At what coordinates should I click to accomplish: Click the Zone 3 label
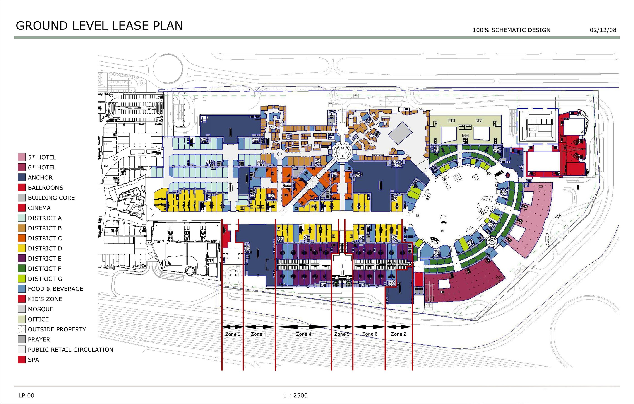tap(233, 334)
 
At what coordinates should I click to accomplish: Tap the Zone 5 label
tap(342, 334)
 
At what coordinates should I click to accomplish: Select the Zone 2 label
tap(398, 334)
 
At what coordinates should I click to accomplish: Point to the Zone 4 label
tap(304, 334)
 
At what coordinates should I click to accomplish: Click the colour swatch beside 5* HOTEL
tap(22, 157)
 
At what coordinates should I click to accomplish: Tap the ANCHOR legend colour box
tap(22, 177)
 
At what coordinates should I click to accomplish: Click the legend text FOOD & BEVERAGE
tap(55, 289)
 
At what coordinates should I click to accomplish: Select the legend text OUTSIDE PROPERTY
tap(57, 329)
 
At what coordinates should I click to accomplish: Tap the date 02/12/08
tap(603, 30)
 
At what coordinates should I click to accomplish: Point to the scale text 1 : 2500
tap(295, 395)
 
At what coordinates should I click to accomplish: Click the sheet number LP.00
tap(26, 395)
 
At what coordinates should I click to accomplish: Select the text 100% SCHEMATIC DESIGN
tap(511, 30)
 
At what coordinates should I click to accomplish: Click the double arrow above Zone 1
tap(259, 327)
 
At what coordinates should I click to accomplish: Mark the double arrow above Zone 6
tap(369, 327)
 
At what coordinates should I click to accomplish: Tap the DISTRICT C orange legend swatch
tap(22, 238)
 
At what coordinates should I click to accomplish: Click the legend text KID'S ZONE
tap(45, 299)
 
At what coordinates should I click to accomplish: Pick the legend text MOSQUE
tap(41, 309)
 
